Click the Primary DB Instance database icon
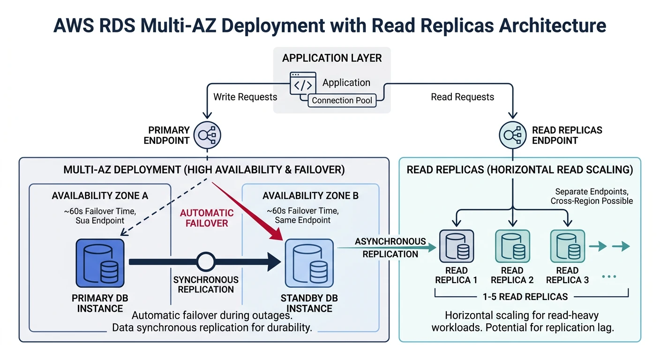coord(100,263)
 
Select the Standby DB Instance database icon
coord(309,263)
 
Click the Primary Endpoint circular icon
coord(207,135)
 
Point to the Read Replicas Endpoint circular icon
coord(513,135)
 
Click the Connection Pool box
coord(342,100)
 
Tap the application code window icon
coord(303,84)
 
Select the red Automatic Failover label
coord(207,217)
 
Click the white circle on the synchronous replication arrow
coord(206,262)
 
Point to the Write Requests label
coord(245,97)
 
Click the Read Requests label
coord(462,97)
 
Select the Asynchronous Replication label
coord(390,247)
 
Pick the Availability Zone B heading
coord(310,195)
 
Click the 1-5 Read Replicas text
coord(525,296)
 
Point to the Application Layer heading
coord(332,58)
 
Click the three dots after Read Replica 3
coord(608,277)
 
